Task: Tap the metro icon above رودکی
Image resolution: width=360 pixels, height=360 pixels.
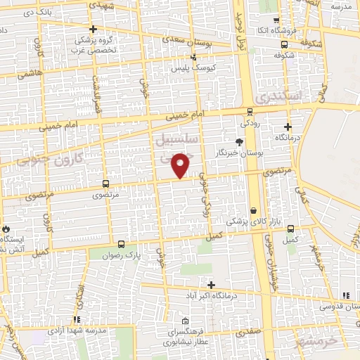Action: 251,110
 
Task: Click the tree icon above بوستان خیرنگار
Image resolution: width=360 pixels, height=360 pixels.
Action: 240,141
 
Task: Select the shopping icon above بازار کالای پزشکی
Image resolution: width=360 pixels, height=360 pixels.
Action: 252,210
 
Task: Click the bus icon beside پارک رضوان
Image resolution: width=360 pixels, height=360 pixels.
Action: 122,245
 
